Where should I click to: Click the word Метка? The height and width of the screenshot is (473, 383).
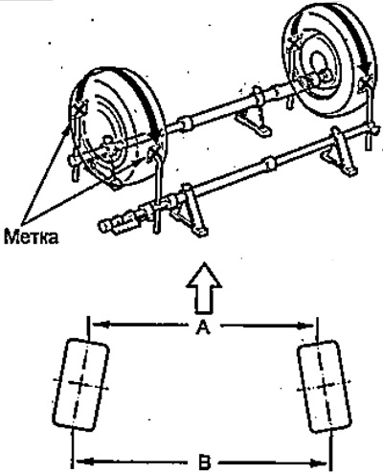tap(32, 237)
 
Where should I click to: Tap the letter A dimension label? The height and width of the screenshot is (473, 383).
tap(203, 327)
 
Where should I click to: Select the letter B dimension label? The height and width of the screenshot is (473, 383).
tap(203, 462)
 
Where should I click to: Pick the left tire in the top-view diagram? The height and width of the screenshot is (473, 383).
tap(80, 385)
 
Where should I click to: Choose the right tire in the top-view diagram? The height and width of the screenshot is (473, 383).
tap(325, 387)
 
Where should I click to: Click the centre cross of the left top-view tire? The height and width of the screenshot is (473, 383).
tap(79, 384)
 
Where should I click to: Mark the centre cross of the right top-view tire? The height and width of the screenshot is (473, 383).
tap(325, 387)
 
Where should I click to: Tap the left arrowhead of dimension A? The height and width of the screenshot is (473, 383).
tap(96, 325)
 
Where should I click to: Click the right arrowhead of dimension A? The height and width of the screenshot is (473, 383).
tap(309, 326)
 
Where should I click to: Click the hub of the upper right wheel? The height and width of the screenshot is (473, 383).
tap(319, 64)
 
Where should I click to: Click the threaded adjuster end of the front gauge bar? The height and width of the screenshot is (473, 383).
tap(120, 223)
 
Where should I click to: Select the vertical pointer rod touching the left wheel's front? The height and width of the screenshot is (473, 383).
tap(156, 191)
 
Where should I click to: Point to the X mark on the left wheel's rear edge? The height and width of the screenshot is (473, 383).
tap(79, 108)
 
